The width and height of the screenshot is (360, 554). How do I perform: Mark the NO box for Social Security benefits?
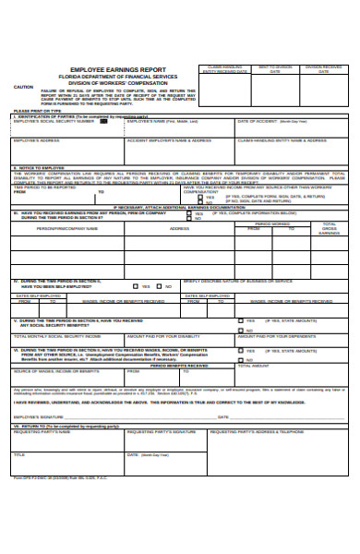241,328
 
